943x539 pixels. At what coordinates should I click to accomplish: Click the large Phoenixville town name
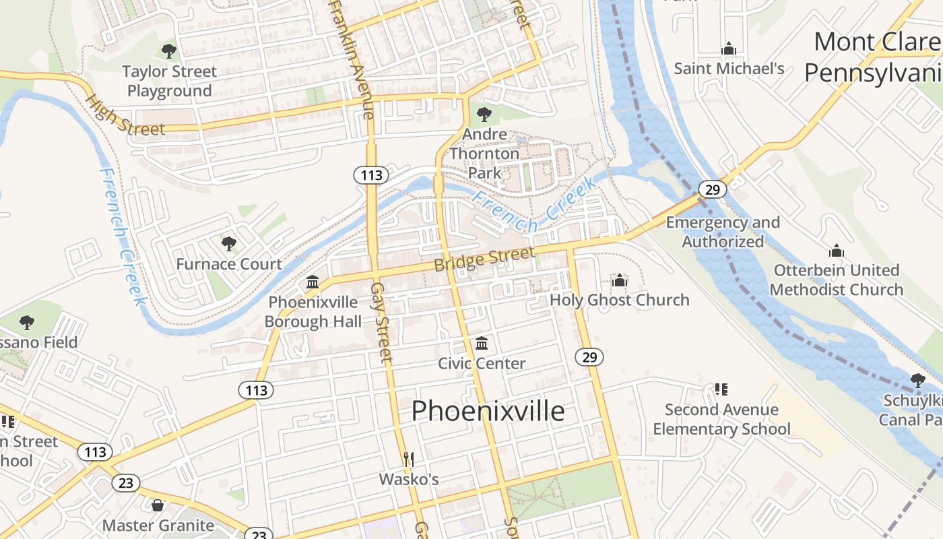coord(488,410)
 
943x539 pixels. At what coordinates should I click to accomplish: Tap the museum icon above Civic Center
coord(481,344)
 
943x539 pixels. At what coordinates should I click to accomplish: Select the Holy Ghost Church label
coord(620,300)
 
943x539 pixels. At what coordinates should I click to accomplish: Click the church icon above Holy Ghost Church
coord(620,280)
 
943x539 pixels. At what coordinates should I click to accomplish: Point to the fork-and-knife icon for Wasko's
coord(408,459)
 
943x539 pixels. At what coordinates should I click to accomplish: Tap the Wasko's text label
coord(408,479)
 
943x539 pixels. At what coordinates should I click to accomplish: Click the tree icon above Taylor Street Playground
coord(169,51)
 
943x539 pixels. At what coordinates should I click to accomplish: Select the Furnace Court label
coord(229,263)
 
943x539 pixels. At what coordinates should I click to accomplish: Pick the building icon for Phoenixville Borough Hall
coord(313,282)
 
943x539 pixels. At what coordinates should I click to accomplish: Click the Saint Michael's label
coord(729,68)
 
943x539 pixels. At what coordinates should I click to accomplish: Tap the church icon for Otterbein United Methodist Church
coord(837,251)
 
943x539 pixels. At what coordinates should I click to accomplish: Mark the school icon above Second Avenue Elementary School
coord(721,389)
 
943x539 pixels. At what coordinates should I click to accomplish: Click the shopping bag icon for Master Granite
coord(158,505)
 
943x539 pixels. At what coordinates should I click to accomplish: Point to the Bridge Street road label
coord(484,259)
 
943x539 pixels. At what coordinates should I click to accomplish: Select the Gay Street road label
coord(381,322)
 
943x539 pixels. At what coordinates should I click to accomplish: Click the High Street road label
coord(125,116)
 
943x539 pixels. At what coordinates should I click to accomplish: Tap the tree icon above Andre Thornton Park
coord(484,114)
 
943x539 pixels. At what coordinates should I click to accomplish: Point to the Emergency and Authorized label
coord(722,232)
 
